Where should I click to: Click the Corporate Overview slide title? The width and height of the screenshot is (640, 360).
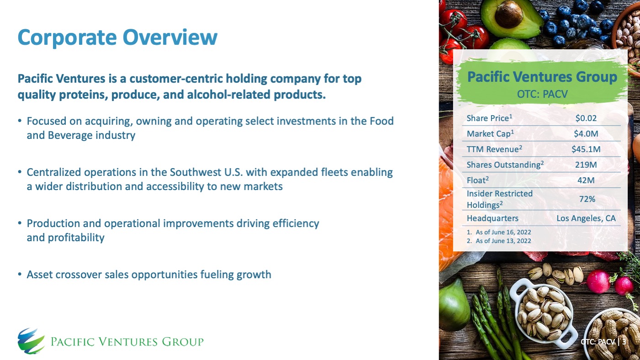click(117, 37)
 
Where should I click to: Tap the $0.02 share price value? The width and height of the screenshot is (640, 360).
click(586, 118)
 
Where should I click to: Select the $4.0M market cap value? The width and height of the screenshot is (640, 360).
click(586, 134)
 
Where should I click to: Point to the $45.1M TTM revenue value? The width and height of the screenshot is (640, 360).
click(586, 149)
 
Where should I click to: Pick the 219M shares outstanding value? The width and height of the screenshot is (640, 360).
click(586, 165)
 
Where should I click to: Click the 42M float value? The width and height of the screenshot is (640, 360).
click(586, 180)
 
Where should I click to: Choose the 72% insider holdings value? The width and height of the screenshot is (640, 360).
click(586, 199)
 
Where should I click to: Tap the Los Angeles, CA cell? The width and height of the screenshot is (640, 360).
click(586, 218)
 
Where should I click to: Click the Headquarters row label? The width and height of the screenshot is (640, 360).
click(492, 218)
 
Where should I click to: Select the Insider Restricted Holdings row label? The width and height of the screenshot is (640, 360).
click(499, 199)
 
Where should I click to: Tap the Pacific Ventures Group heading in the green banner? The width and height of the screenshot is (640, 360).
click(542, 77)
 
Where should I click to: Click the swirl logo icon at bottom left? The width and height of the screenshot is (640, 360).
click(31, 341)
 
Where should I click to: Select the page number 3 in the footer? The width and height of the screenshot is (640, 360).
click(624, 342)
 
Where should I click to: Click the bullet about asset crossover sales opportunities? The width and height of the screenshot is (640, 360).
click(148, 275)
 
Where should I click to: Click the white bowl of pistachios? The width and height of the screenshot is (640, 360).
click(544, 311)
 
